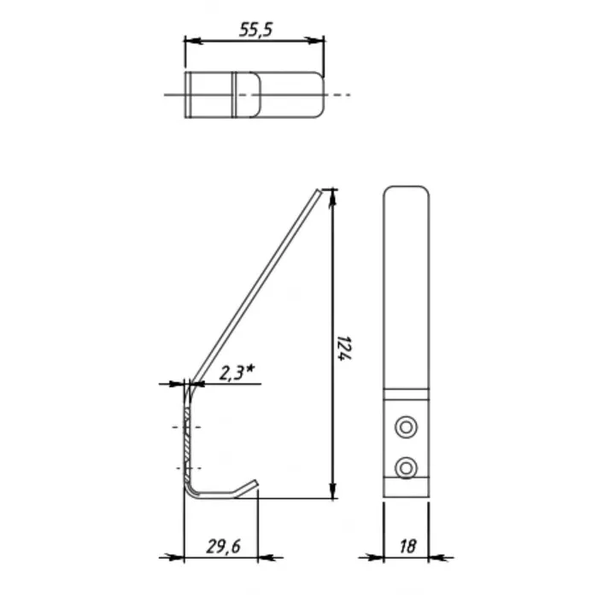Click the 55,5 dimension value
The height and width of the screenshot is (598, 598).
pos(256,29)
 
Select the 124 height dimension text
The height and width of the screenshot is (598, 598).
pos(344,348)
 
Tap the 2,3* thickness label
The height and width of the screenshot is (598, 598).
pos(237,372)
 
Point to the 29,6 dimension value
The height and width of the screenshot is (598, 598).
pos(224,547)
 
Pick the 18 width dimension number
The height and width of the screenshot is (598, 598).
pos(407,547)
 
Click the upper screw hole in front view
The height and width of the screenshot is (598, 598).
pos(406,427)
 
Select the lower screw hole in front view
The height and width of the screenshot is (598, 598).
pos(406,467)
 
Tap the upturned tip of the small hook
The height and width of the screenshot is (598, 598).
pos(255,483)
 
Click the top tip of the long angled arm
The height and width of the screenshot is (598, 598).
pos(320,191)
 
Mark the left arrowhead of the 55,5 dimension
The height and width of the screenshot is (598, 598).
pos(192,40)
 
